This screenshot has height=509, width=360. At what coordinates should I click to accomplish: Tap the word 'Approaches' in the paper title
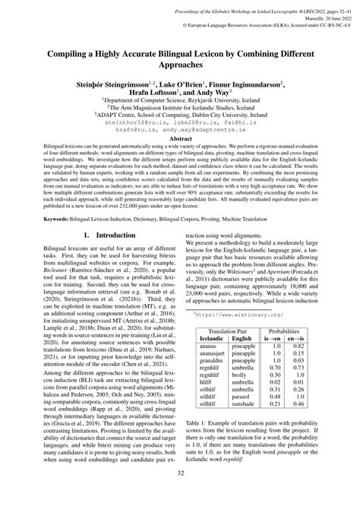pyautogui.click(x=180, y=66)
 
